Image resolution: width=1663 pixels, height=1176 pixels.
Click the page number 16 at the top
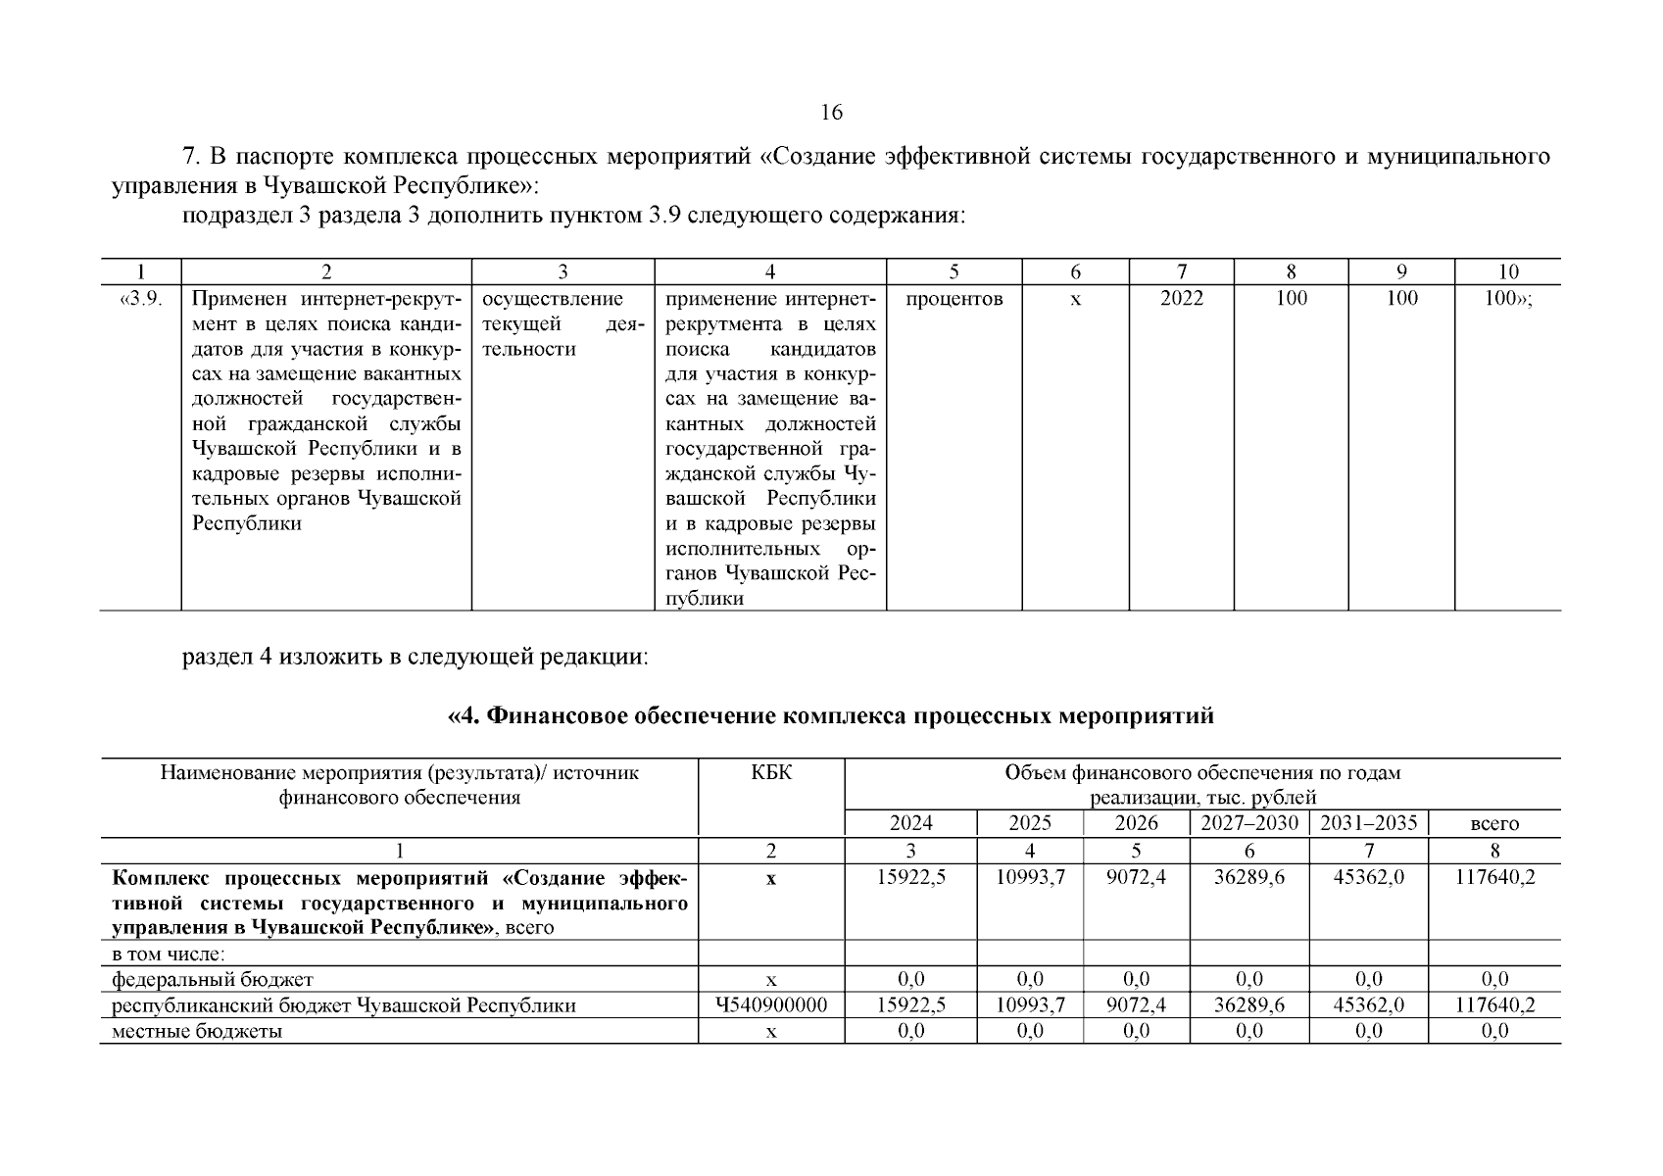pyautogui.click(x=830, y=113)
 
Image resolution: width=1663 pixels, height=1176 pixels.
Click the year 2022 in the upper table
pyautogui.click(x=1181, y=299)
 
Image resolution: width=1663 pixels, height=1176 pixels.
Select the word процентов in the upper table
pyautogui.click(x=954, y=299)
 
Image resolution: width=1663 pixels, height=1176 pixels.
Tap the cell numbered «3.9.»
pyautogui.click(x=140, y=299)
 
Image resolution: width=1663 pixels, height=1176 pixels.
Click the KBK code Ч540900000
pyautogui.click(x=770, y=1005)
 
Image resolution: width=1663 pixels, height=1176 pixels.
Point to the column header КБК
pyautogui.click(x=770, y=773)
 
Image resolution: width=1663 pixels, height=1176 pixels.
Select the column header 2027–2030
pyautogui.click(x=1248, y=823)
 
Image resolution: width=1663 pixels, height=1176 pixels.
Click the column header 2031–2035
pyautogui.click(x=1368, y=823)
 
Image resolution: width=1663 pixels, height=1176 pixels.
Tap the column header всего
pyautogui.click(x=1494, y=824)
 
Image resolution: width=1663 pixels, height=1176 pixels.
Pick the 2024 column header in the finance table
pyautogui.click(x=910, y=823)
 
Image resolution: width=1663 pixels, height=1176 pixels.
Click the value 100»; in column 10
pyautogui.click(x=1508, y=299)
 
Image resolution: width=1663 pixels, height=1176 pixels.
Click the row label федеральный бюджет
pyautogui.click(x=213, y=979)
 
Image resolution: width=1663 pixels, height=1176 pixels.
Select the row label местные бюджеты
pyautogui.click(x=197, y=1031)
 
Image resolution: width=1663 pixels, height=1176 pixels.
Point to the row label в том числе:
pyautogui.click(x=169, y=954)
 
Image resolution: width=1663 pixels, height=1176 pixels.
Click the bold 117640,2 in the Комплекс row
pyautogui.click(x=1494, y=877)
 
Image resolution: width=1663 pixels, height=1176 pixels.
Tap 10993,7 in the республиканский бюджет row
pyautogui.click(x=1029, y=1005)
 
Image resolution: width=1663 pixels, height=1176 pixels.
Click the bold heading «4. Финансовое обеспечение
pyautogui.click(x=830, y=716)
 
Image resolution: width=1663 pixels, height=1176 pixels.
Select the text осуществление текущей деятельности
pyautogui.click(x=562, y=324)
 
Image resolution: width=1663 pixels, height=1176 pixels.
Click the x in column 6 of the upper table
pyautogui.click(x=1075, y=299)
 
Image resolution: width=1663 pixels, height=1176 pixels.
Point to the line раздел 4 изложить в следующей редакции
pyautogui.click(x=416, y=657)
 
